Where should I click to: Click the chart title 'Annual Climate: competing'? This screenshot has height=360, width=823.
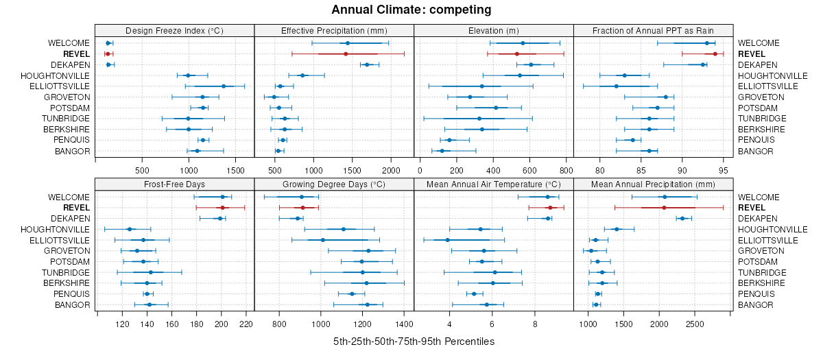[x=411, y=10]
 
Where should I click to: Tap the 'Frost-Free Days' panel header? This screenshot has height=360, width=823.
[x=174, y=184]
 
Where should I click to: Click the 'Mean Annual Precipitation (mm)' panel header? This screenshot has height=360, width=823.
[x=654, y=184]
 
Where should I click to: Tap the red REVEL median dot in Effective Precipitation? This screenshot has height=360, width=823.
[x=346, y=53]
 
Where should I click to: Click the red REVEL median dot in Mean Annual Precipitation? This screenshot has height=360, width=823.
[x=664, y=207]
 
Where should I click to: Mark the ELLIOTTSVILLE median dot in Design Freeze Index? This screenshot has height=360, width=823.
[x=224, y=86]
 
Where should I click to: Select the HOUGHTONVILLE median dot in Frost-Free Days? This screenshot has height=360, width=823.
[x=130, y=229]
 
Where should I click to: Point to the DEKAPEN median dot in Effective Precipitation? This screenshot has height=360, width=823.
[x=367, y=64]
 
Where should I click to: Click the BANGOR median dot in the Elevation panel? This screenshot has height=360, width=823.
[x=442, y=151]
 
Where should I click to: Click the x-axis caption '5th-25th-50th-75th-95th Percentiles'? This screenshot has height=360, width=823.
[x=414, y=341]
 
